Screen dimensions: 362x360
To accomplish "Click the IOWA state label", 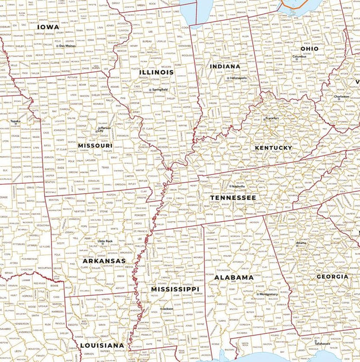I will (48, 26).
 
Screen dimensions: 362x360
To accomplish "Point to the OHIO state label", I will (309, 49).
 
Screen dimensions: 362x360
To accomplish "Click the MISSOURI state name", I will (95, 146).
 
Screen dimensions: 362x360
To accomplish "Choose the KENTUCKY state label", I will (273, 148).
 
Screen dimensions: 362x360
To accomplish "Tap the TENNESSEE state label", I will (233, 197).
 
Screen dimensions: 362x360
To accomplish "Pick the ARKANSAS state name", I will (104, 261).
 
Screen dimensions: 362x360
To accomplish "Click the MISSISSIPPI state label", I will (175, 288).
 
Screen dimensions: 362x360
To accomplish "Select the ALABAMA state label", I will (234, 277).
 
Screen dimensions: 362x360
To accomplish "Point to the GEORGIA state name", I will (332, 276).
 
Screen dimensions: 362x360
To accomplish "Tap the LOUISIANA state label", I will (102, 345).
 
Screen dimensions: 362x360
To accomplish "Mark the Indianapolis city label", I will (238, 78).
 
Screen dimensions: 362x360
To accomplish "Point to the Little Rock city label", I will (105, 241).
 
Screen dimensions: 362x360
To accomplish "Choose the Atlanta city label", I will (301, 243).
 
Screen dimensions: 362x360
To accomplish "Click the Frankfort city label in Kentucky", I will (272, 118).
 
